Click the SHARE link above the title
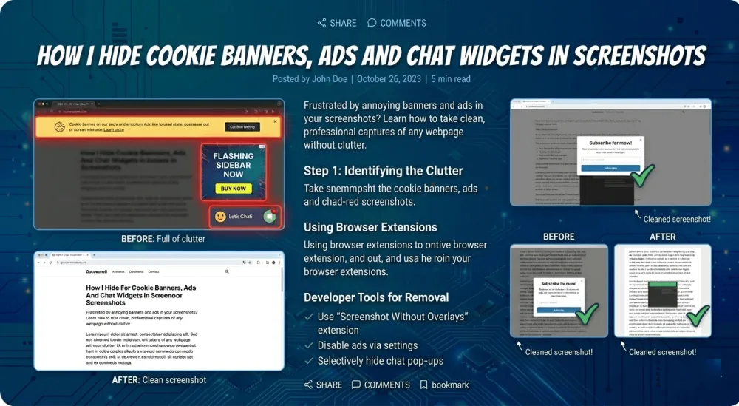(x=337, y=23)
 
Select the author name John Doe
(x=329, y=79)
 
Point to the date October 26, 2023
(x=389, y=79)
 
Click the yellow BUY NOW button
(x=233, y=189)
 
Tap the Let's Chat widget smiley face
(x=219, y=217)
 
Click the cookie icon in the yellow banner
(x=57, y=128)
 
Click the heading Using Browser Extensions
(x=370, y=227)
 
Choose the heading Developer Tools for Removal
(x=376, y=297)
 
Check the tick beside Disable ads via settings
(x=308, y=345)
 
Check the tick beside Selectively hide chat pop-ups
(x=308, y=361)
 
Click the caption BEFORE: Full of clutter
(x=163, y=239)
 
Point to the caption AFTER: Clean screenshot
(x=159, y=379)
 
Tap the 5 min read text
(x=450, y=79)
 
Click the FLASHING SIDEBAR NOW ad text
(x=233, y=165)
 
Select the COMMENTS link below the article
(x=381, y=385)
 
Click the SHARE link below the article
(x=323, y=385)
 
